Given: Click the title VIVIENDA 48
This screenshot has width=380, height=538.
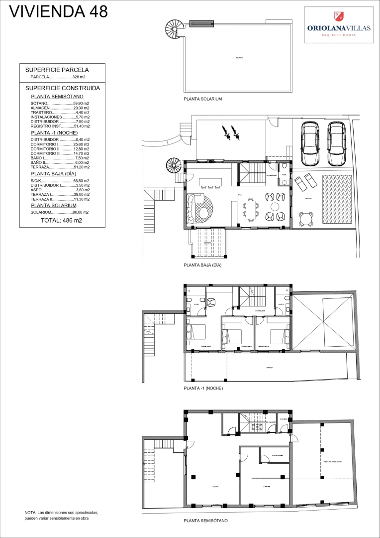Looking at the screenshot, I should point(59,11).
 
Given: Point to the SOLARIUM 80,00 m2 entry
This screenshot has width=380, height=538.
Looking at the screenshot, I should point(60,212).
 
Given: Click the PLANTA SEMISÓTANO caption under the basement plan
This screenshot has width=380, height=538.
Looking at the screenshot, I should point(205,521).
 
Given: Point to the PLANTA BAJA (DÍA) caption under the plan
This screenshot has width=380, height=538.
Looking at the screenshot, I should point(202,266).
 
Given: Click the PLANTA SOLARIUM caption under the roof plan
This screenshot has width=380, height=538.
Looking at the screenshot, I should point(202,99).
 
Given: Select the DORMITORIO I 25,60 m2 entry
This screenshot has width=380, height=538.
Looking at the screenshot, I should point(60,144).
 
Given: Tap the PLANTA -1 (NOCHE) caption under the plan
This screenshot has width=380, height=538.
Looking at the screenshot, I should point(203,388).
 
